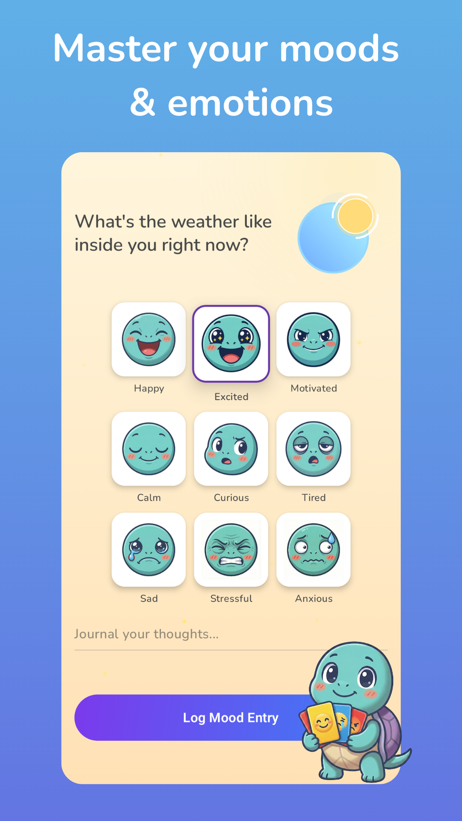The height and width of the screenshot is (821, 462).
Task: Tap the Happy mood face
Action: [148, 340]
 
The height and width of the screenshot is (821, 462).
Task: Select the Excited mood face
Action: [231, 343]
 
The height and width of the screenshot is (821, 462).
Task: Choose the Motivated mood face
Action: [314, 340]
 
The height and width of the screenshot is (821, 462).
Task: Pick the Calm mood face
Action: [148, 449]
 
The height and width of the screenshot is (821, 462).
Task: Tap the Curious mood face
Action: [231, 449]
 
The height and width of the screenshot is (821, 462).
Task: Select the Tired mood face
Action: [314, 449]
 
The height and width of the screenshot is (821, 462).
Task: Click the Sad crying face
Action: [148, 550]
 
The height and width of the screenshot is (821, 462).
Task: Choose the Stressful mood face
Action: [231, 550]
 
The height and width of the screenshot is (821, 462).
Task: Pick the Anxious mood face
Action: [314, 550]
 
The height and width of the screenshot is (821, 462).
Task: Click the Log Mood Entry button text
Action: [231, 718]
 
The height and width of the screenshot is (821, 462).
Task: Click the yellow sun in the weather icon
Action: [355, 216]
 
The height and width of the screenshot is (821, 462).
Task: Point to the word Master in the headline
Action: [115, 49]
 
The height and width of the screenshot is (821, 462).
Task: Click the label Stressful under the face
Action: [231, 599]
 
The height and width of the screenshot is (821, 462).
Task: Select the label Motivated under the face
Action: [314, 388]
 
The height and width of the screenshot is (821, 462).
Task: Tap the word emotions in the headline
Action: [250, 103]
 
